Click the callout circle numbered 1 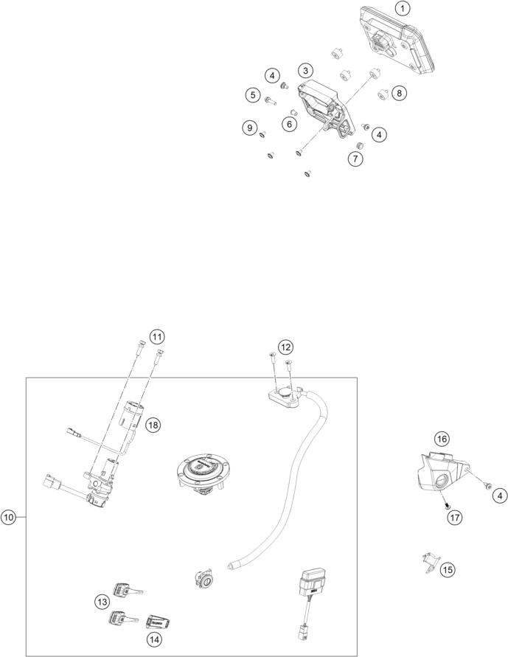click(x=402, y=8)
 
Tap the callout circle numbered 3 click(x=306, y=70)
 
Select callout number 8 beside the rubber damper click(x=399, y=93)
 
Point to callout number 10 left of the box click(x=8, y=518)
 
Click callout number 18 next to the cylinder click(x=153, y=425)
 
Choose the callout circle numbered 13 click(x=102, y=602)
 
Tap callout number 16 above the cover click(x=442, y=439)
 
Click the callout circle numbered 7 click(x=355, y=159)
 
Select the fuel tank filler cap click(x=203, y=473)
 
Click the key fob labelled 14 click(x=159, y=622)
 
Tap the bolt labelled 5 click(x=268, y=100)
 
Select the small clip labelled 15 click(x=430, y=563)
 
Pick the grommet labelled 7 click(x=359, y=145)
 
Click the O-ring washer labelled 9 click(x=262, y=134)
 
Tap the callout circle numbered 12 click(x=285, y=347)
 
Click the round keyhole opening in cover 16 click(x=442, y=482)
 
